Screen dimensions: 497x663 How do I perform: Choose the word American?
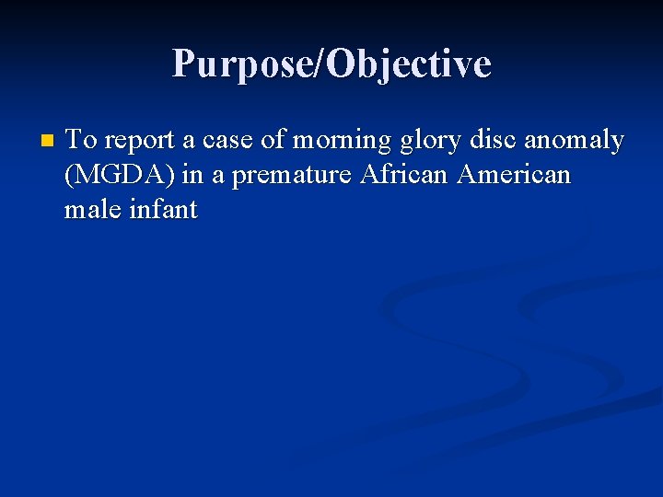point(516,174)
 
